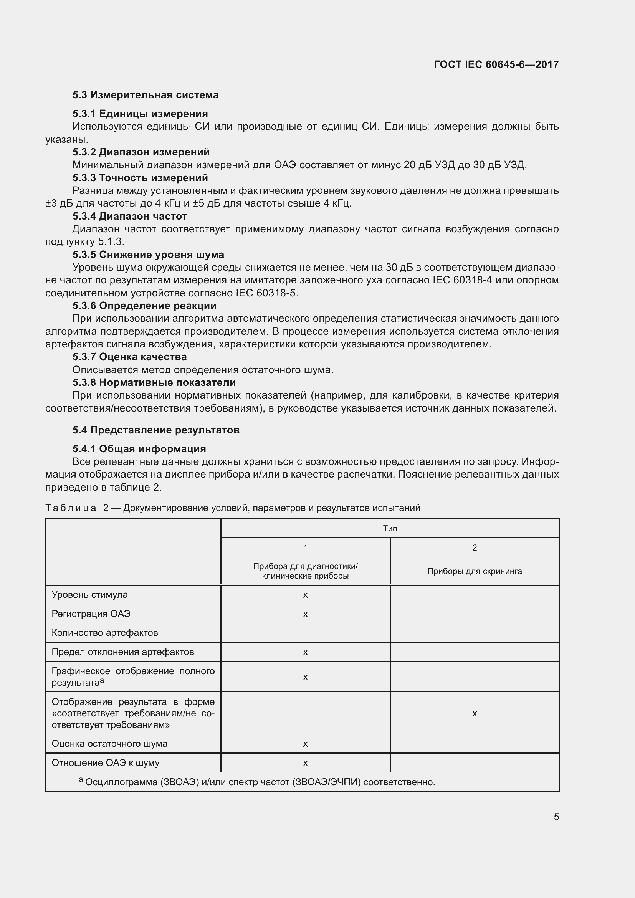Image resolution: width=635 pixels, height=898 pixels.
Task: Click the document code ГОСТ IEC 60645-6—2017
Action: coord(496,64)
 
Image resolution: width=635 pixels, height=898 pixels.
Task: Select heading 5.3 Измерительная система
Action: coord(146,95)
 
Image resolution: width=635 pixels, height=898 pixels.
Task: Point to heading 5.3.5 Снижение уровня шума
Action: coord(148,255)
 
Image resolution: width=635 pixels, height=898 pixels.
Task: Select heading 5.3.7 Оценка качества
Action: coord(129,357)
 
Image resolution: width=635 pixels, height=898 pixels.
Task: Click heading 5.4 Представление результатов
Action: coord(155,430)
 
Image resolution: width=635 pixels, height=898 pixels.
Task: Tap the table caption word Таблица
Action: coord(71,508)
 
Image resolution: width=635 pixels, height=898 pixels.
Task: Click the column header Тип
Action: coord(390,529)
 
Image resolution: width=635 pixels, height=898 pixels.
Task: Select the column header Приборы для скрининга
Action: coord(474,571)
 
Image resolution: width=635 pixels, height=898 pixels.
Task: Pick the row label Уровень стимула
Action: coord(89,594)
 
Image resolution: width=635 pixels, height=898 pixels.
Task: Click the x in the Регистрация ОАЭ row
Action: coord(305,614)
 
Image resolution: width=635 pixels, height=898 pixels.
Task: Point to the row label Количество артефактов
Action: coord(105,633)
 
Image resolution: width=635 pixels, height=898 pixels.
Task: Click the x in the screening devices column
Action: coord(474,714)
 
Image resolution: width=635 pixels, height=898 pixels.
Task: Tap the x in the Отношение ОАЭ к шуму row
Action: coord(305,763)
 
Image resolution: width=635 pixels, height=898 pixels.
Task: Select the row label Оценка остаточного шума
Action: coord(109,744)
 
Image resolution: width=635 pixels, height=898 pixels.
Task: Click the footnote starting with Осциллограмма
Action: coord(260,782)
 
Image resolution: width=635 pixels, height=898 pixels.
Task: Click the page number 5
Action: coord(556,817)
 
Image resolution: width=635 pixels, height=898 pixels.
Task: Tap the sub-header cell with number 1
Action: coord(305,547)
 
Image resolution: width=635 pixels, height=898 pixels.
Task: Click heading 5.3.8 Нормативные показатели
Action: coord(154,382)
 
